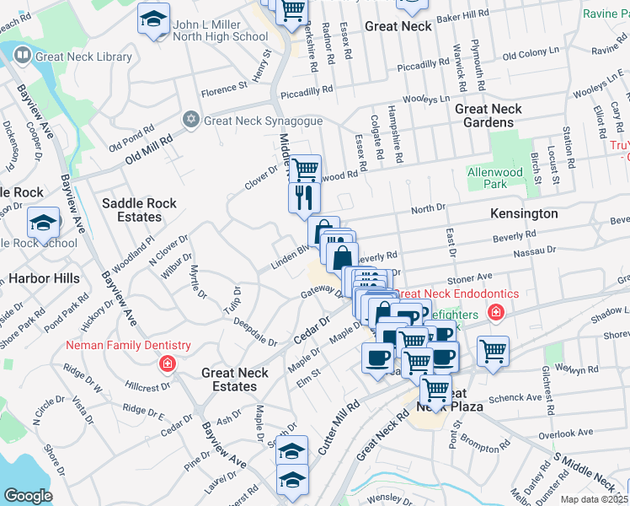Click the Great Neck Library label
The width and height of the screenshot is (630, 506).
83,57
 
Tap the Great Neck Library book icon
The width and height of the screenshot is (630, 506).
22,57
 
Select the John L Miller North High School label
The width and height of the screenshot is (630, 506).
220,30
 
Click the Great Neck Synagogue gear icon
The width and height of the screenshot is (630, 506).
191,120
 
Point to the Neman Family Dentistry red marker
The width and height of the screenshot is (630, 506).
167,363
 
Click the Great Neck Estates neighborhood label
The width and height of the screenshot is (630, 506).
235,379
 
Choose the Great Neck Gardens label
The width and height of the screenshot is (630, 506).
489,116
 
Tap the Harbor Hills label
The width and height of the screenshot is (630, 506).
44,278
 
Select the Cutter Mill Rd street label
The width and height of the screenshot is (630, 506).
339,429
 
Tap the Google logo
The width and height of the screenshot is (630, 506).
28,496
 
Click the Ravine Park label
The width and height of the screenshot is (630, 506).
600,14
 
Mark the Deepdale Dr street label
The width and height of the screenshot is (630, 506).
255,331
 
